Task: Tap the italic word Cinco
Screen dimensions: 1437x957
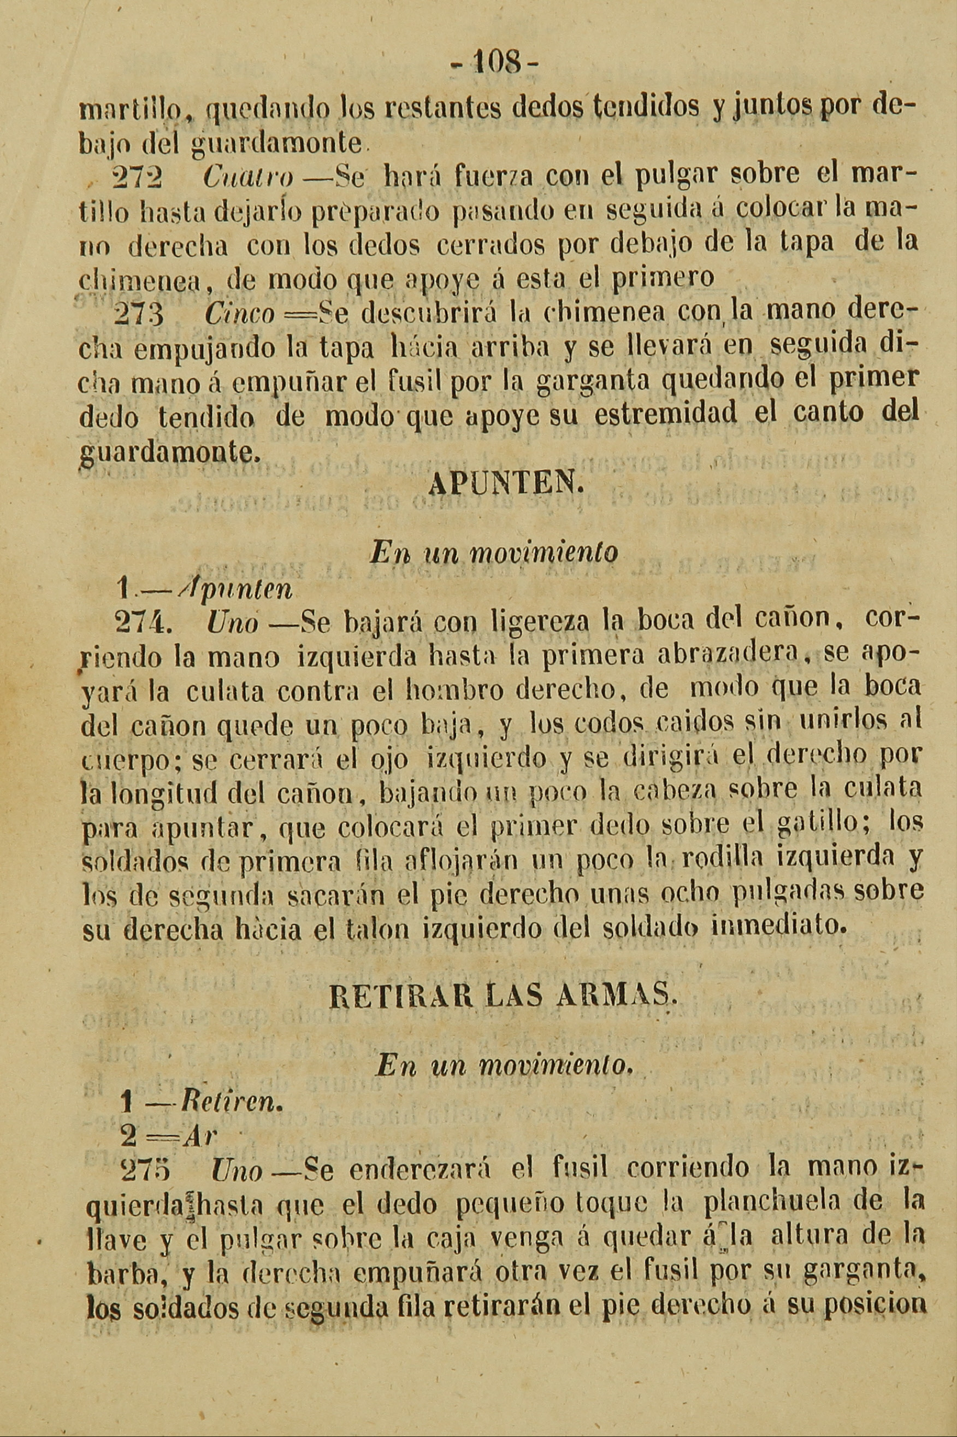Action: point(240,314)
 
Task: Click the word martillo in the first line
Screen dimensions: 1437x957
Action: point(123,110)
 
